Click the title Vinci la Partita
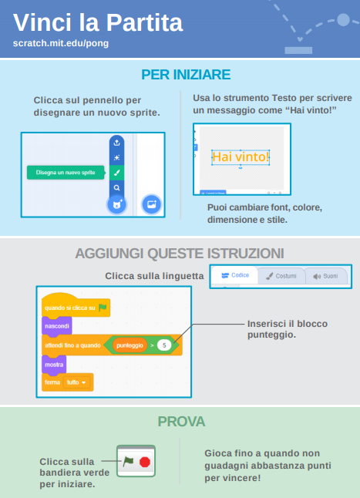(98, 22)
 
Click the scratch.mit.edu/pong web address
(61, 43)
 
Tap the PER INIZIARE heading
(186, 75)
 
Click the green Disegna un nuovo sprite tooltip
(66, 173)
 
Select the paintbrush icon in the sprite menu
(117, 173)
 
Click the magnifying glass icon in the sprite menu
(117, 187)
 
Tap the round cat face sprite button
(117, 204)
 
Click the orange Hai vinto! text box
(241, 157)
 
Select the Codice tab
(235, 275)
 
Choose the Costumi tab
(281, 276)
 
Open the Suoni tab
(326, 276)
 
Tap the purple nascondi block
(57, 326)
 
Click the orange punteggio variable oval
(130, 345)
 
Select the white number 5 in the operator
(164, 345)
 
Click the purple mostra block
(54, 365)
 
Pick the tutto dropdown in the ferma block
(76, 382)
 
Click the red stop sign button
(145, 462)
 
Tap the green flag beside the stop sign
(128, 461)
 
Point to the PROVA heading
(181, 422)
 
